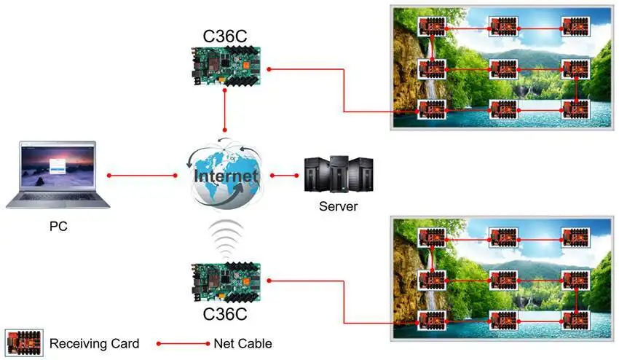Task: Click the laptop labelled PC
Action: tap(58, 175)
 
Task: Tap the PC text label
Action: tap(58, 227)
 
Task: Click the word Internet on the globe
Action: tap(226, 176)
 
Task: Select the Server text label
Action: tap(339, 206)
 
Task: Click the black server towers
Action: tap(339, 174)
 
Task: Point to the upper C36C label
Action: tap(224, 36)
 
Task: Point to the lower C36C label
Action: tap(224, 314)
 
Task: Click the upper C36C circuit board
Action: tap(226, 66)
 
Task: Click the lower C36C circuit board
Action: tap(226, 283)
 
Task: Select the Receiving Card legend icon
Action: tap(24, 343)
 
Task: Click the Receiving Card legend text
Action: tap(95, 343)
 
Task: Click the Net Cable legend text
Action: tap(243, 343)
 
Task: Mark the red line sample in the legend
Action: tap(184, 344)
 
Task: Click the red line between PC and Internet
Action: tap(142, 176)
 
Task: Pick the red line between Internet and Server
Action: tap(285, 176)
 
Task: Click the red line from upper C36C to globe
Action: tap(224, 110)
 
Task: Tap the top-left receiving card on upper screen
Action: tap(432, 26)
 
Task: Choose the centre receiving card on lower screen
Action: tap(503, 280)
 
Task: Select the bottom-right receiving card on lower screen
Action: tap(575, 321)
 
